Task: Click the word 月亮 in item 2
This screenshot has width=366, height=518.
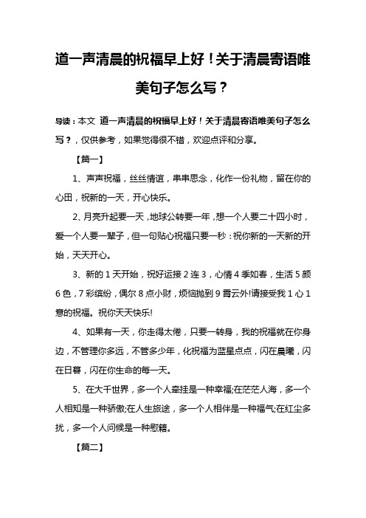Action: tap(97, 218)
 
